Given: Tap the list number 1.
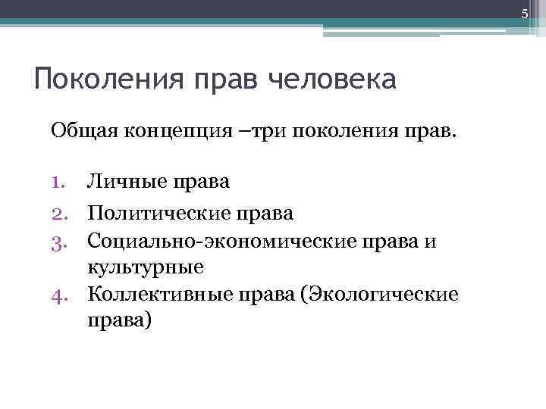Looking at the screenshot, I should point(60,182).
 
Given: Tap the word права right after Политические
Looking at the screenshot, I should point(266,214).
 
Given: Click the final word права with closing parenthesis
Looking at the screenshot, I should point(121,321).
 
